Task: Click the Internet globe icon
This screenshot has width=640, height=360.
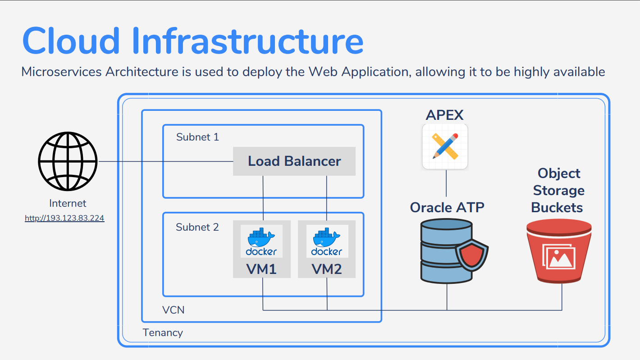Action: tap(68, 161)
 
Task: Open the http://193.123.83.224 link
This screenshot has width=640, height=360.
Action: tap(64, 218)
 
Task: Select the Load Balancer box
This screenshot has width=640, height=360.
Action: tap(294, 161)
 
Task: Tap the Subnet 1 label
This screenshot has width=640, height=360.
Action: tap(197, 137)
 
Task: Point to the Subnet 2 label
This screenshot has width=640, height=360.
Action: tap(197, 227)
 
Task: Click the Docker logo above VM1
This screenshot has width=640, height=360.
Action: tap(261, 241)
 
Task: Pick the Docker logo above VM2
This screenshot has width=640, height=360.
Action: tap(327, 241)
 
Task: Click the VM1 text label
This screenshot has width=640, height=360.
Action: tap(261, 269)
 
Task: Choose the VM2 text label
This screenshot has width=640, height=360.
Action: tap(327, 269)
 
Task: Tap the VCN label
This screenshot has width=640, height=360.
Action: tap(173, 310)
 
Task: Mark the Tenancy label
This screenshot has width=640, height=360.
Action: tap(163, 333)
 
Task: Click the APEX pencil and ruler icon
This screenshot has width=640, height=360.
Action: tap(445, 146)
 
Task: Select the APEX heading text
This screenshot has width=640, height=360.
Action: tap(444, 115)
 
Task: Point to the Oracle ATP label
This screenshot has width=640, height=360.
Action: tap(447, 207)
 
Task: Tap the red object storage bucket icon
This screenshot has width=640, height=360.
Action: tap(559, 251)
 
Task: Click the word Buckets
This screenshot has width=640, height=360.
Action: tap(557, 207)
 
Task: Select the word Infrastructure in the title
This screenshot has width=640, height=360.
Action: tap(247, 41)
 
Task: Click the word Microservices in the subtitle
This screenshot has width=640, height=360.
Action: tap(61, 72)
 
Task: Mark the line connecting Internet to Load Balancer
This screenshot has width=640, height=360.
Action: tap(166, 161)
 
